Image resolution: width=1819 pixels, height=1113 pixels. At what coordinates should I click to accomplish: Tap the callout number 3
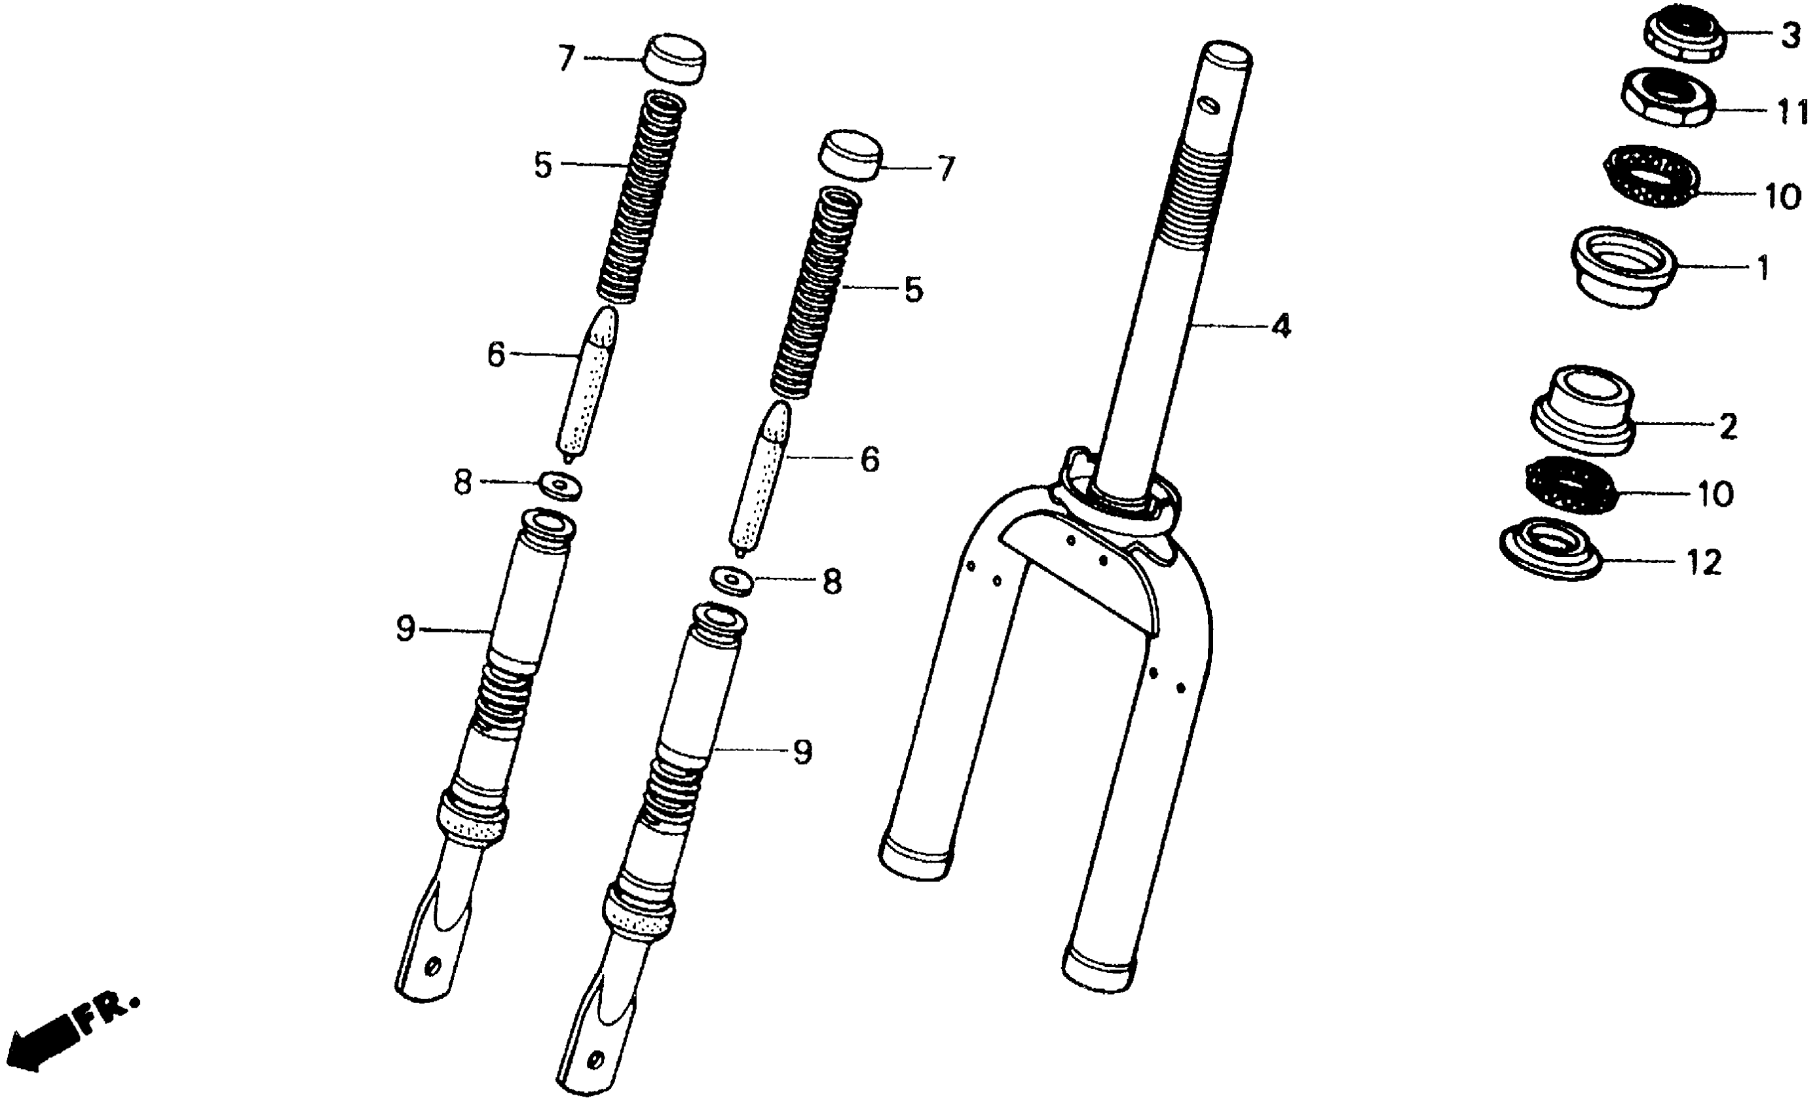pyautogui.click(x=1790, y=35)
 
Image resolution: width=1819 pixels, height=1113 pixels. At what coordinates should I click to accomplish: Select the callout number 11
pyautogui.click(x=1792, y=112)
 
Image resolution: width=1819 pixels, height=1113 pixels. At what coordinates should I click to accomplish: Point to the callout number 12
pyautogui.click(x=1704, y=563)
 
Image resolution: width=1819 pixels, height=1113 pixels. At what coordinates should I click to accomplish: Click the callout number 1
pyautogui.click(x=1763, y=268)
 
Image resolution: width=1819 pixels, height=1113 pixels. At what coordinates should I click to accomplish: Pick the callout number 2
pyautogui.click(x=1728, y=427)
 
